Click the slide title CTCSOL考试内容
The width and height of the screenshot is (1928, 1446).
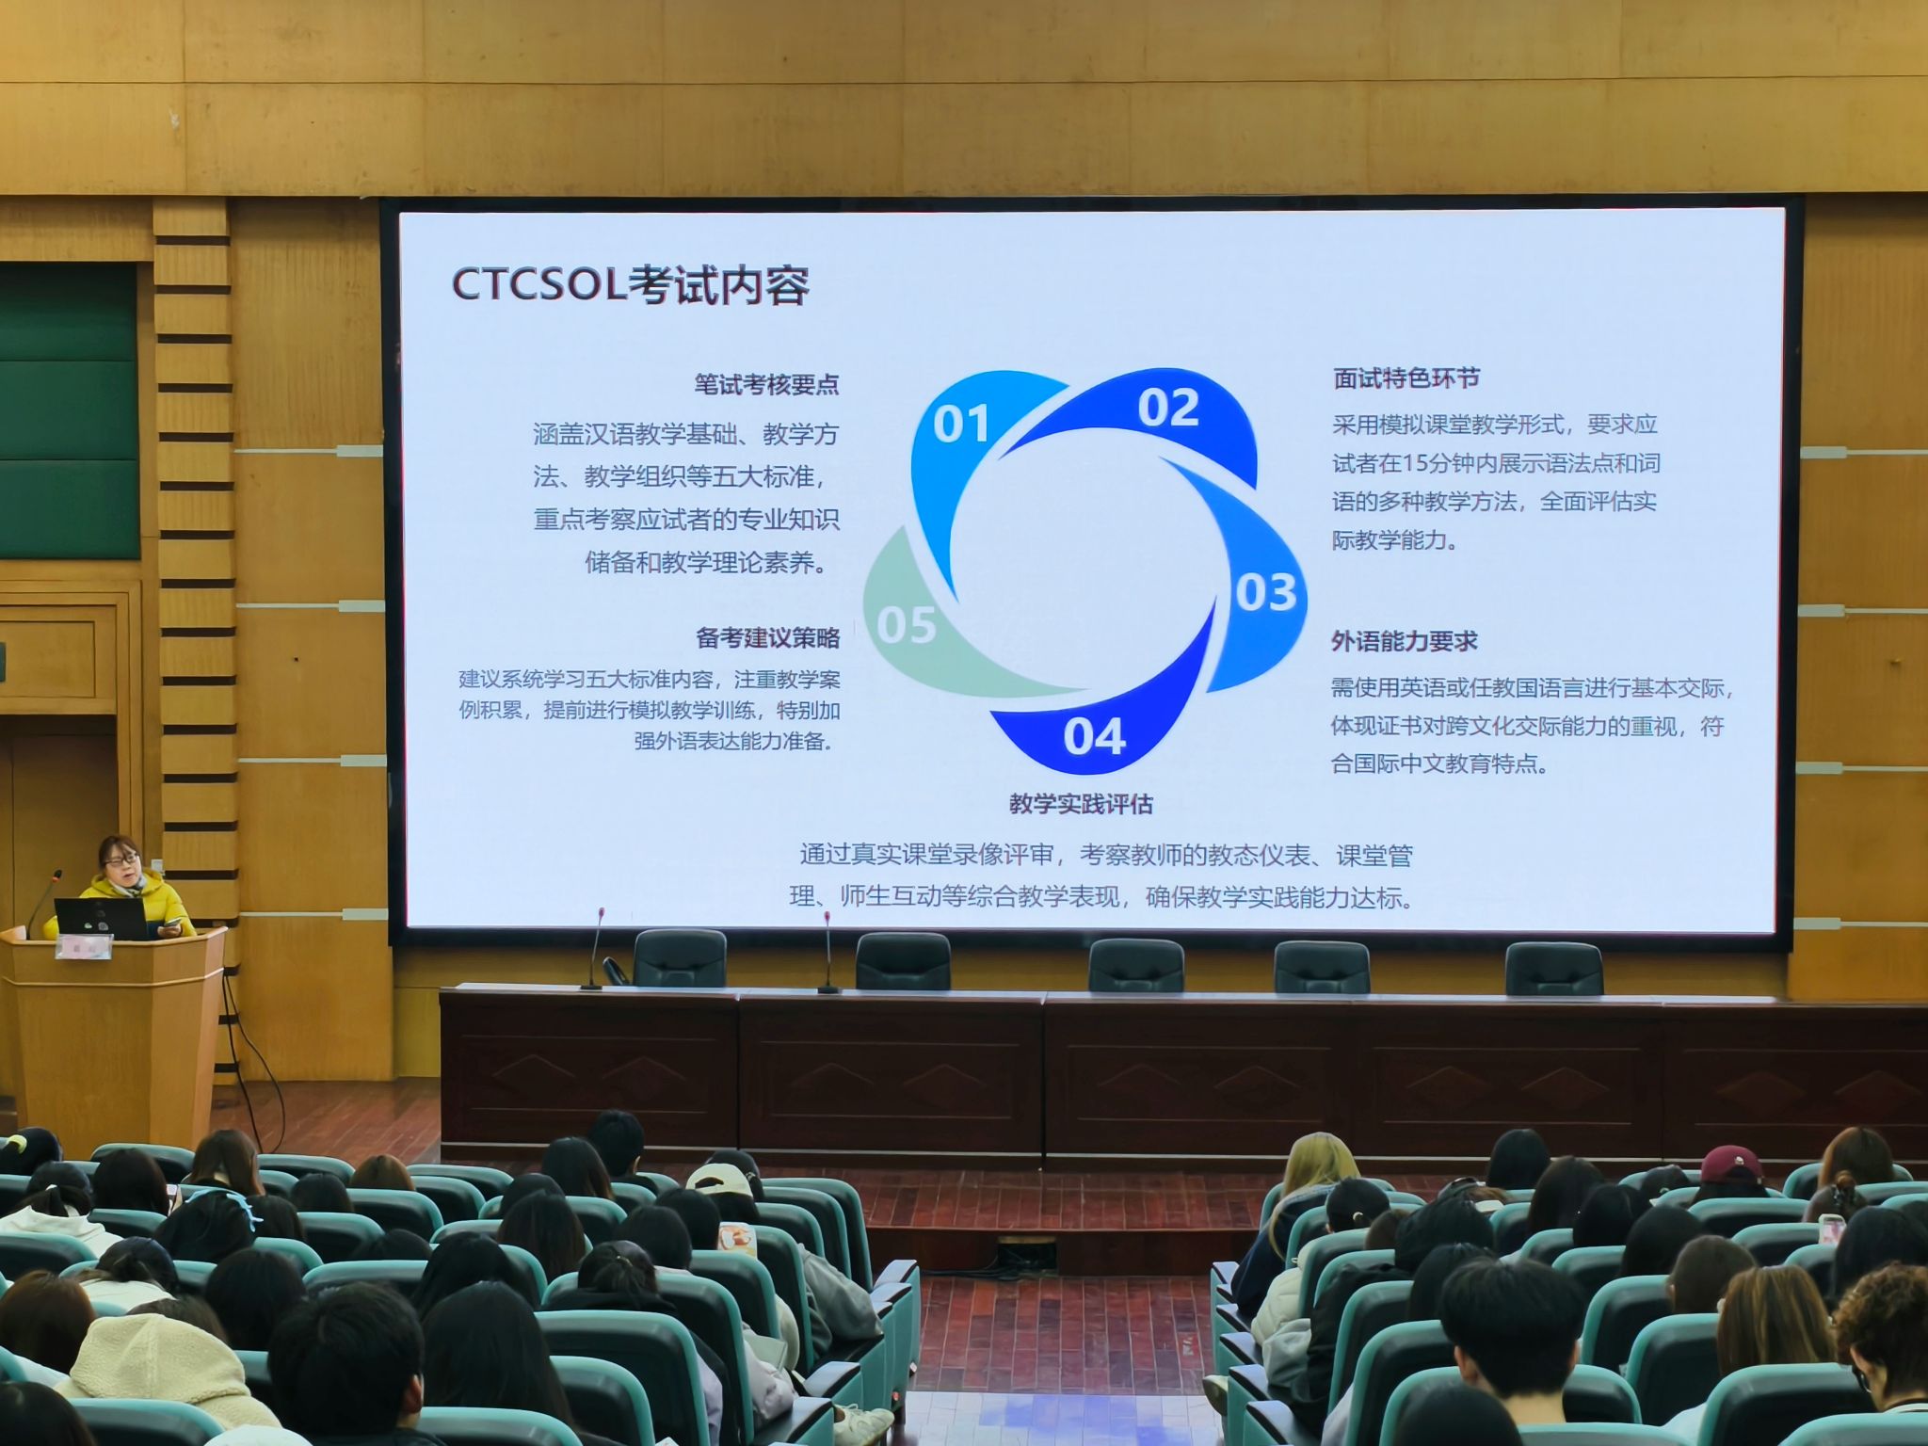point(630,285)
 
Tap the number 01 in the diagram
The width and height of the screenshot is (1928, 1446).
point(961,425)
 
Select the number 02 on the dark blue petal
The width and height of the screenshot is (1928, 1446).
point(1168,408)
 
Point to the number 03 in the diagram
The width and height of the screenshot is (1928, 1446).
point(1265,592)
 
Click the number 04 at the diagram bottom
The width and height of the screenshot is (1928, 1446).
point(1094,736)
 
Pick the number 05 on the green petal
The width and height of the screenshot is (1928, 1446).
point(907,625)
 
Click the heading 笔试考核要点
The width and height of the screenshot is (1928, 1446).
point(766,384)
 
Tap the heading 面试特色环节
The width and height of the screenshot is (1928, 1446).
point(1406,378)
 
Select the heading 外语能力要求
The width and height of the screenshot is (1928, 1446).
point(1404,641)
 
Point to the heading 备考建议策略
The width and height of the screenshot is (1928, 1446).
point(767,637)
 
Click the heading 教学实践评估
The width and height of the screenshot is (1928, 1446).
point(1081,804)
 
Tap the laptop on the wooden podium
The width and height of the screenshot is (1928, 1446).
point(102,918)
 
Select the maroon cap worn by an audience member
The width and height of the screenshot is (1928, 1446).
point(1733,1165)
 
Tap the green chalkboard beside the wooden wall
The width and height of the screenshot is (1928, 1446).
point(69,410)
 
